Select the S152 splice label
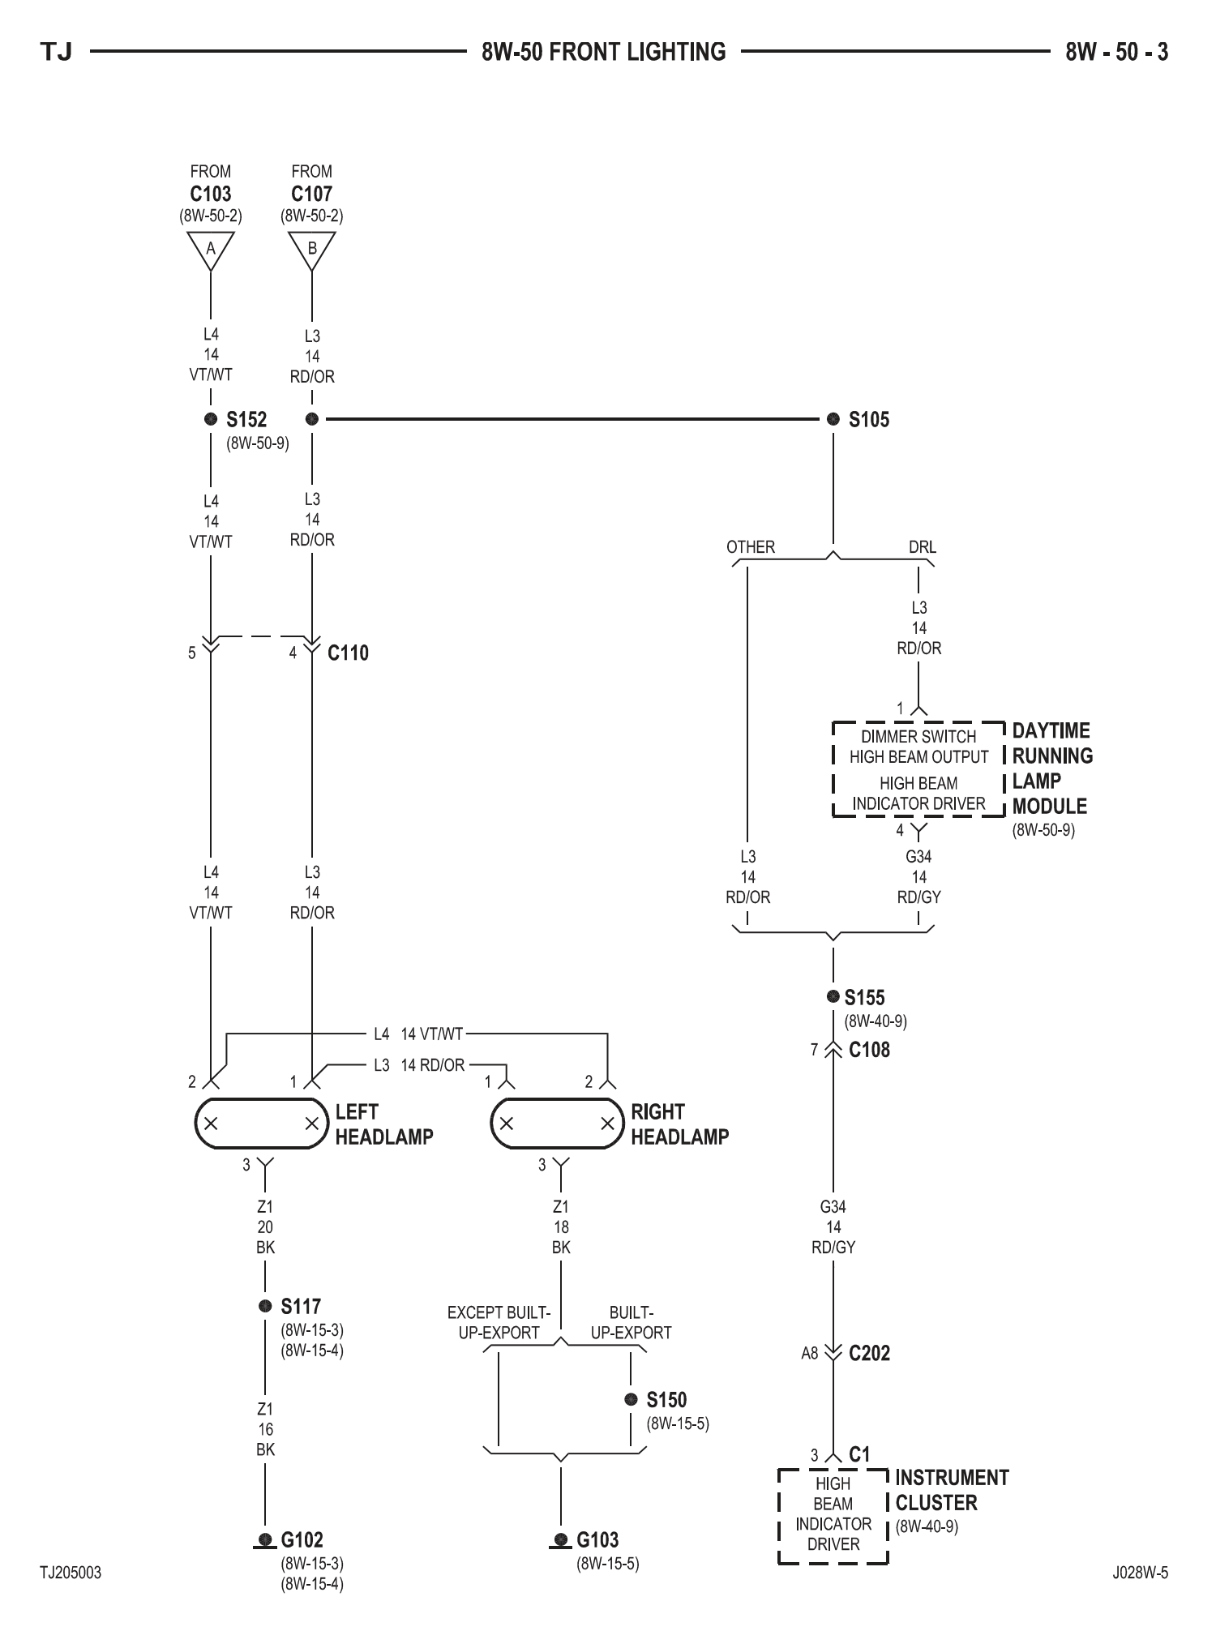[x=246, y=420]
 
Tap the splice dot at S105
[x=833, y=419]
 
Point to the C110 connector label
[x=348, y=653]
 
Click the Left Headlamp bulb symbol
[x=261, y=1124]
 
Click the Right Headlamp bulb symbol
[x=557, y=1124]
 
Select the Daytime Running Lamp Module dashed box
[x=918, y=769]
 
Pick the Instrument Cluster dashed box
[x=833, y=1516]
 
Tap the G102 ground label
[x=302, y=1540]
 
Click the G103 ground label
[x=597, y=1540]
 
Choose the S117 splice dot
[x=265, y=1306]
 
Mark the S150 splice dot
[x=632, y=1399]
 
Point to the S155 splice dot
[x=833, y=996]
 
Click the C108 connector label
[x=869, y=1051]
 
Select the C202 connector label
[x=869, y=1353]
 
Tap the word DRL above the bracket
[x=923, y=547]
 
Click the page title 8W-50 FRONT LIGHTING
[x=604, y=52]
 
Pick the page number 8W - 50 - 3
[x=1116, y=52]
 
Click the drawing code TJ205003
[x=71, y=1573]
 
